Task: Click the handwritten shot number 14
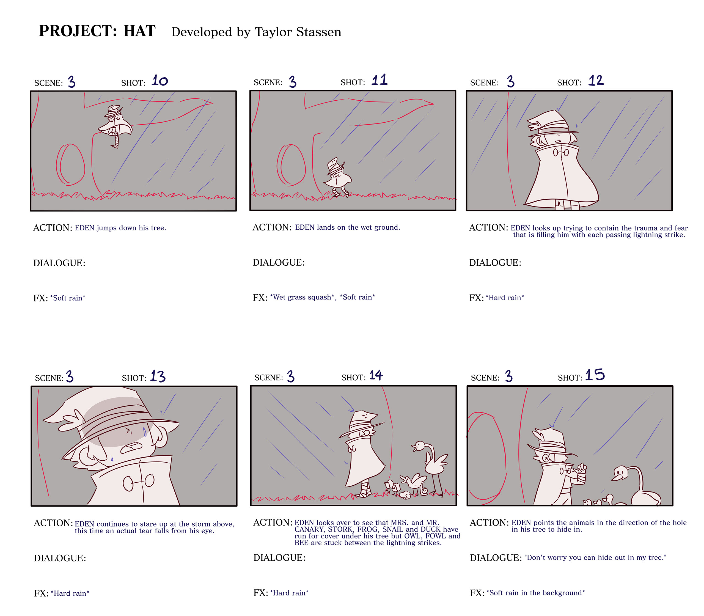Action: [x=376, y=375]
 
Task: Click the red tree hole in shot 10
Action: [x=70, y=164]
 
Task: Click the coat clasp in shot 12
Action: [x=561, y=153]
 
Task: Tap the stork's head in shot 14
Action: [x=419, y=446]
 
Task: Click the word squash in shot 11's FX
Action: [x=320, y=297]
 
